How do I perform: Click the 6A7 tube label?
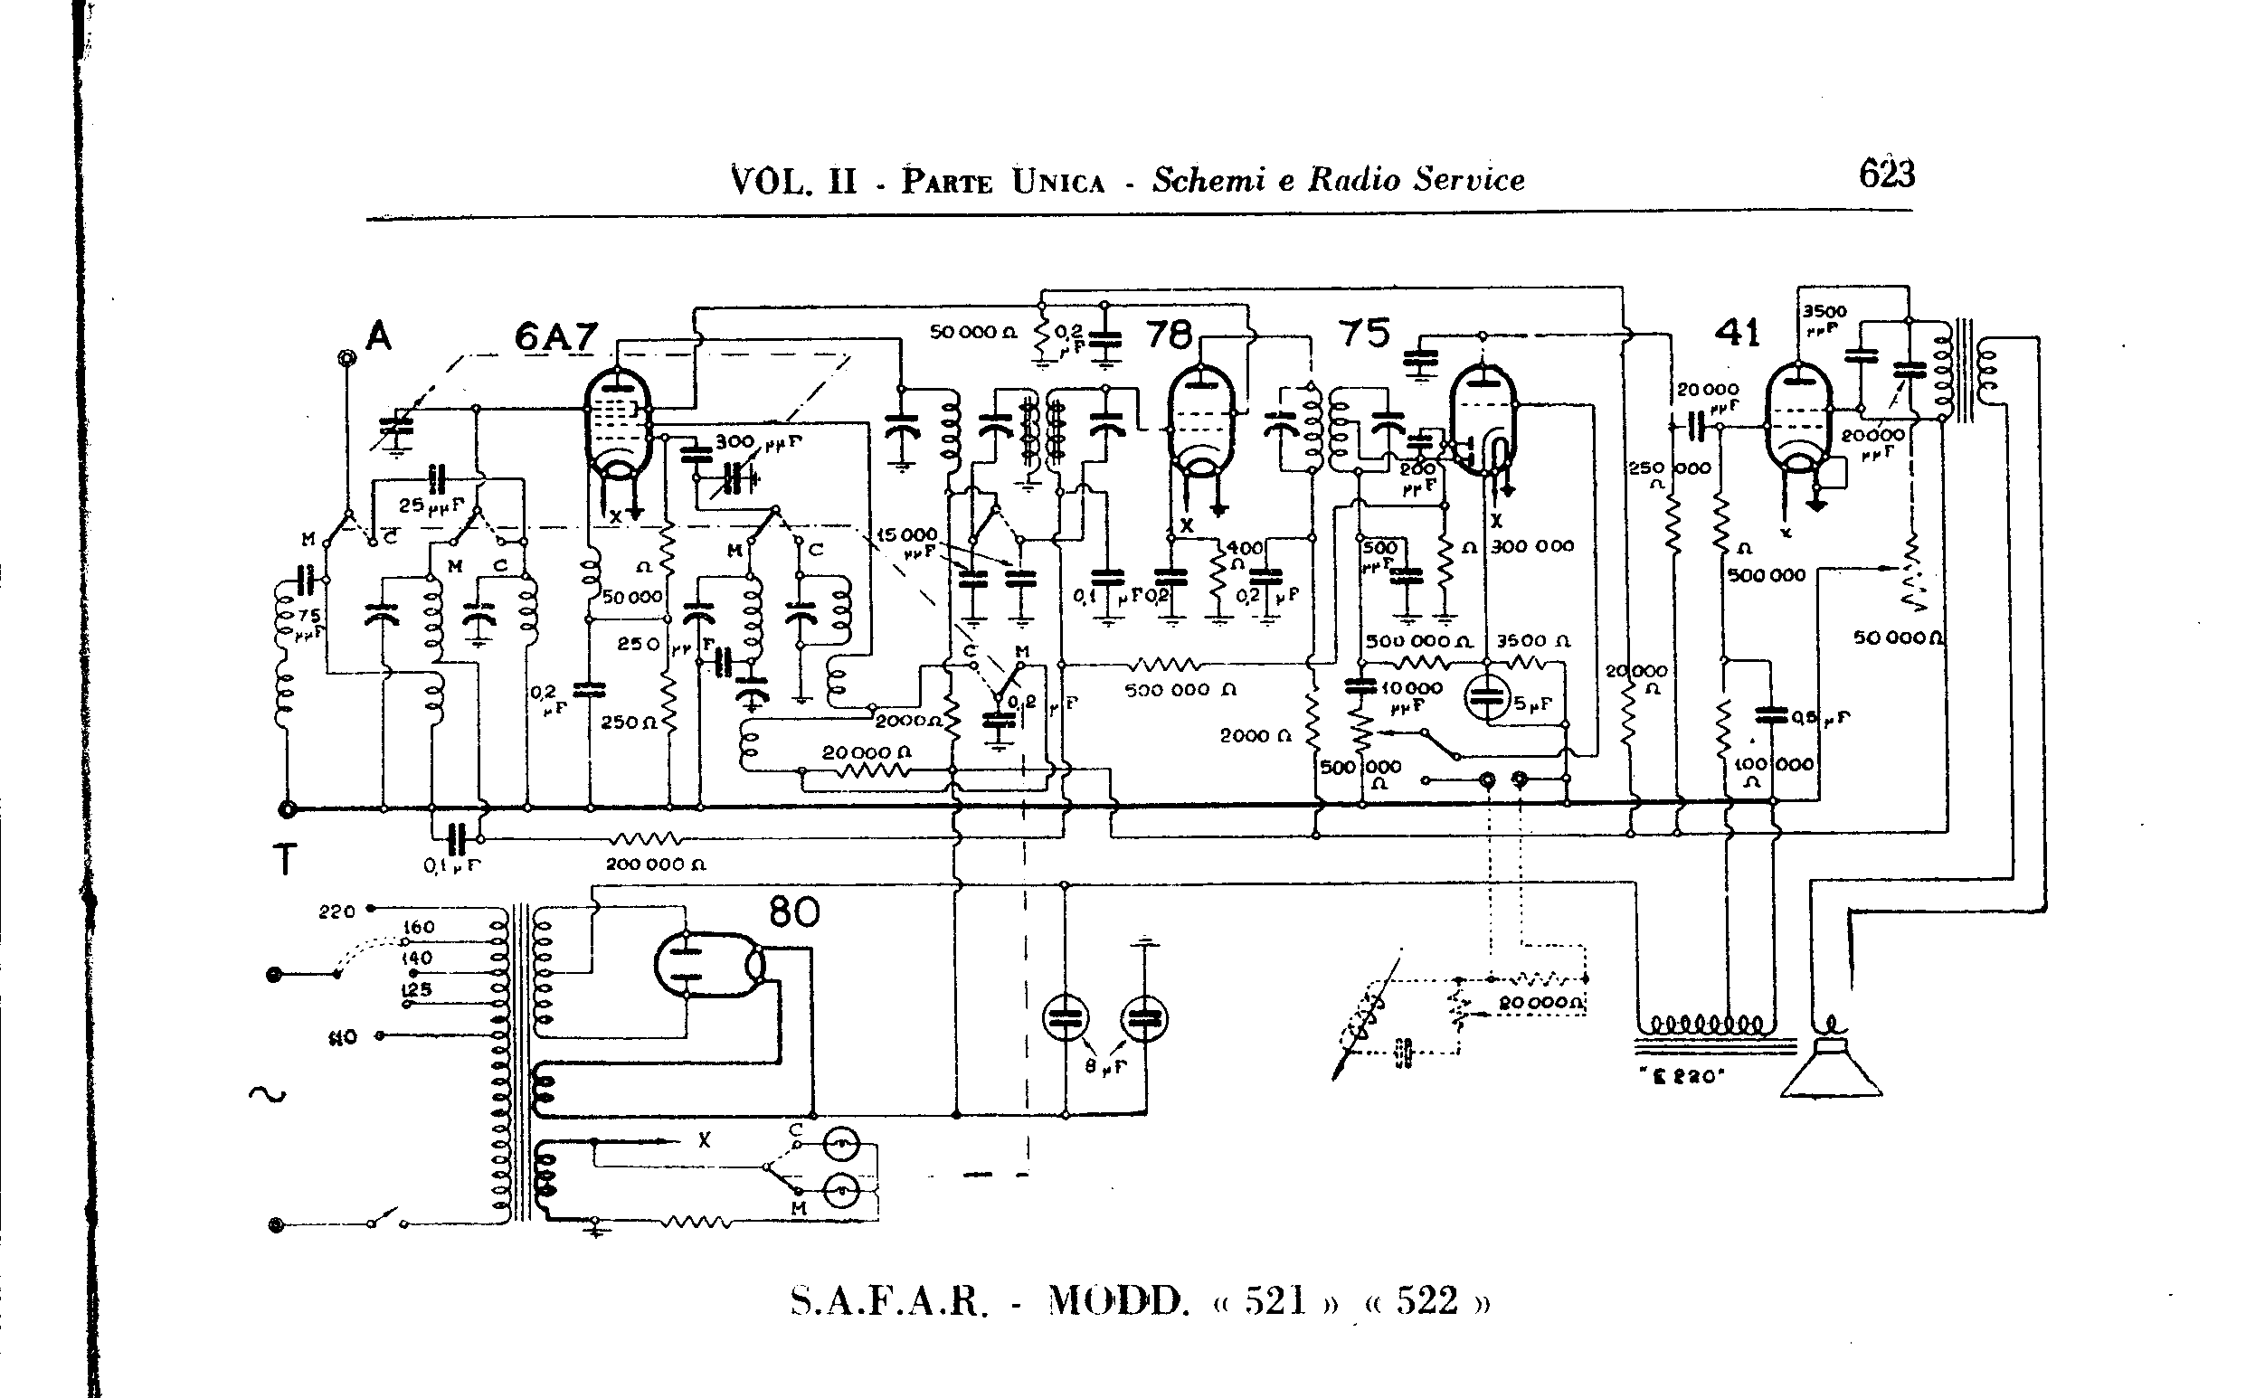coord(555,336)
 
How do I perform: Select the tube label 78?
coord(1169,335)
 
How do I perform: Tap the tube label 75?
coord(1365,333)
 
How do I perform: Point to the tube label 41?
coord(1737,333)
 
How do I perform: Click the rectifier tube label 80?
coord(793,912)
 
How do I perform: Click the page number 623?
coord(1886,174)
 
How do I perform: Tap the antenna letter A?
coord(378,336)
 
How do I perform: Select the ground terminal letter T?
coord(286,861)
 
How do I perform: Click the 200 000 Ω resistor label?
coord(656,864)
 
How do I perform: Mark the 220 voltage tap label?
coord(336,912)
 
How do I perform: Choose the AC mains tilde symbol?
coord(268,1095)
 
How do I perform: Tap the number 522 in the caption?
coord(1426,1301)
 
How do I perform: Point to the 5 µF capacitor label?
coord(1532,704)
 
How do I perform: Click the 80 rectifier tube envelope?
coord(708,965)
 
